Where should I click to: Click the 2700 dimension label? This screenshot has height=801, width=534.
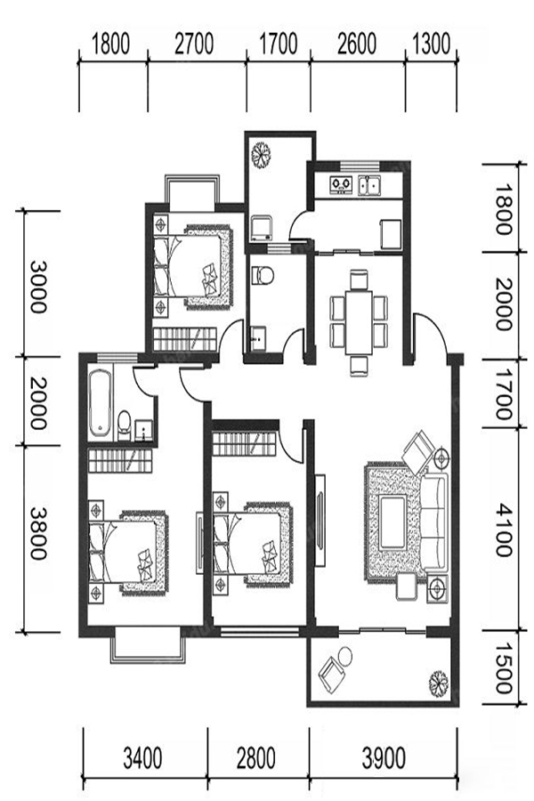194,44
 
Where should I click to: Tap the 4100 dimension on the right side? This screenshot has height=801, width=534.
504,530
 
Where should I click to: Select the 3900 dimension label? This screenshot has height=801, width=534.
384,757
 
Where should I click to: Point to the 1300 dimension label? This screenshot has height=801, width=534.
432,44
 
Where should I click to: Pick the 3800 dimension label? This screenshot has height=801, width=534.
37,533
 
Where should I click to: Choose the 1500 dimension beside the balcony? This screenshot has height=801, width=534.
504,667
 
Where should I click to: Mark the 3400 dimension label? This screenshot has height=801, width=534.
142,757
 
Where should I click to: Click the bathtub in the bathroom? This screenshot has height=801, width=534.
101,404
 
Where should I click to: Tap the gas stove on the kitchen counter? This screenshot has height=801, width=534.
341,184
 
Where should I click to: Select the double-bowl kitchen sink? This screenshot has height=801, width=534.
370,185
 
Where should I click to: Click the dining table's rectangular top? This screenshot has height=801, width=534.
358,322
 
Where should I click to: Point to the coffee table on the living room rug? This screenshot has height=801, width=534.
393,522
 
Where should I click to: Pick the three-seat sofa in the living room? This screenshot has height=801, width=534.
433,522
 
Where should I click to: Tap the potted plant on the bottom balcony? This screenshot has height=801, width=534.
438,683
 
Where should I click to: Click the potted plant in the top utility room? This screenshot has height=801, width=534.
261,153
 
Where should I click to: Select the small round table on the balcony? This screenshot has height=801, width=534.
345,656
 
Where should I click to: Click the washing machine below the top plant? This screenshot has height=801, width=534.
261,229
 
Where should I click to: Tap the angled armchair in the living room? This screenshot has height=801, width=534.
419,451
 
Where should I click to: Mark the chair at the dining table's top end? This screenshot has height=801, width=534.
359,279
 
